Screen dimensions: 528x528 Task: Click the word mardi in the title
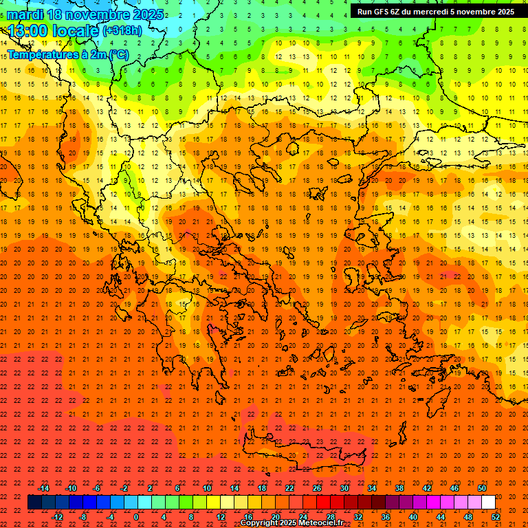(23, 14)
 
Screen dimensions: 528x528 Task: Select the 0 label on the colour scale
(136, 517)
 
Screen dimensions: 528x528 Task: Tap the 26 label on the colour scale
(317, 488)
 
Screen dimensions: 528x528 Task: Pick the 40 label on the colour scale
(413, 517)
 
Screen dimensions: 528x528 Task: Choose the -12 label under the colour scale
(57, 517)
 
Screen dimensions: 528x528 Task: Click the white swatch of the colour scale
(488, 503)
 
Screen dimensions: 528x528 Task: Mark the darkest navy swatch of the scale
(34, 503)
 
